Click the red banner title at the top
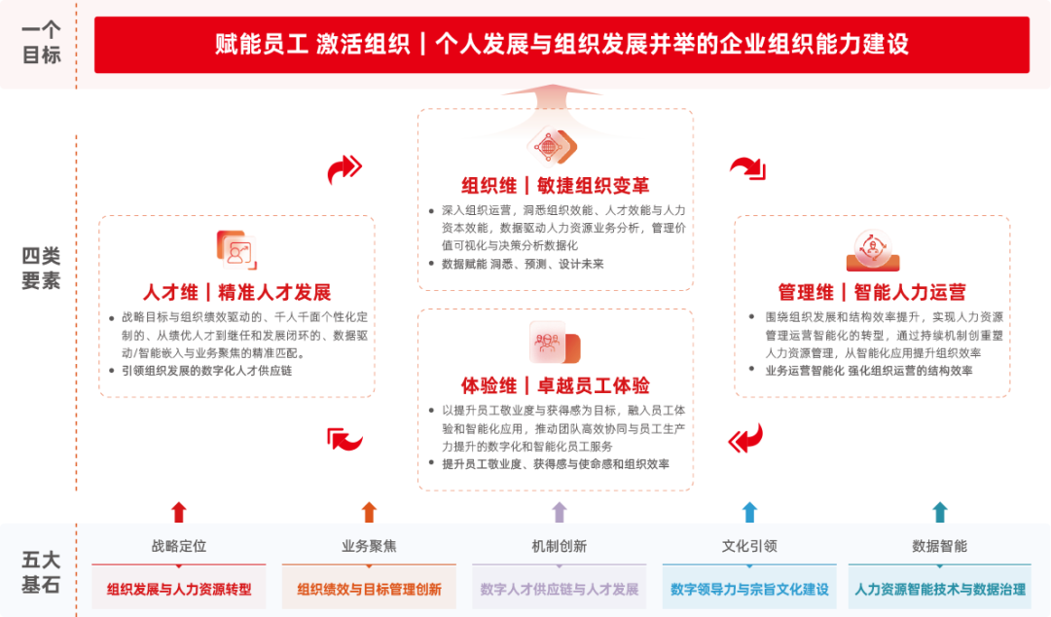coord(562,44)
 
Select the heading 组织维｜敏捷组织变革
coord(555,186)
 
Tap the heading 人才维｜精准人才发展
coord(236,292)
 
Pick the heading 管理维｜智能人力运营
coord(872,292)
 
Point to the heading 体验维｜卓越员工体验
coord(555,385)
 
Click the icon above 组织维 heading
coord(553,146)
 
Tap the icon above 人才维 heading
coord(236,250)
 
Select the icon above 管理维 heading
coord(873,250)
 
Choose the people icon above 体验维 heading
coord(555,343)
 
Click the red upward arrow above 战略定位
coord(178,512)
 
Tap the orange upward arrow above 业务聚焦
coord(369,512)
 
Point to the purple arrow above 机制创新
coord(559,512)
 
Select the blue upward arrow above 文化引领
coord(749,512)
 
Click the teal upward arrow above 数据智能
coord(940,512)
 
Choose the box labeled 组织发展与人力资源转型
coord(179,587)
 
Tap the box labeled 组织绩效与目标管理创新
coord(370,587)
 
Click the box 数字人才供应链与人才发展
coord(560,587)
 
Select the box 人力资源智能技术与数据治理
coord(940,587)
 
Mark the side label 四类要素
coord(41,268)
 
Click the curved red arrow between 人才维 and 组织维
coord(344,169)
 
